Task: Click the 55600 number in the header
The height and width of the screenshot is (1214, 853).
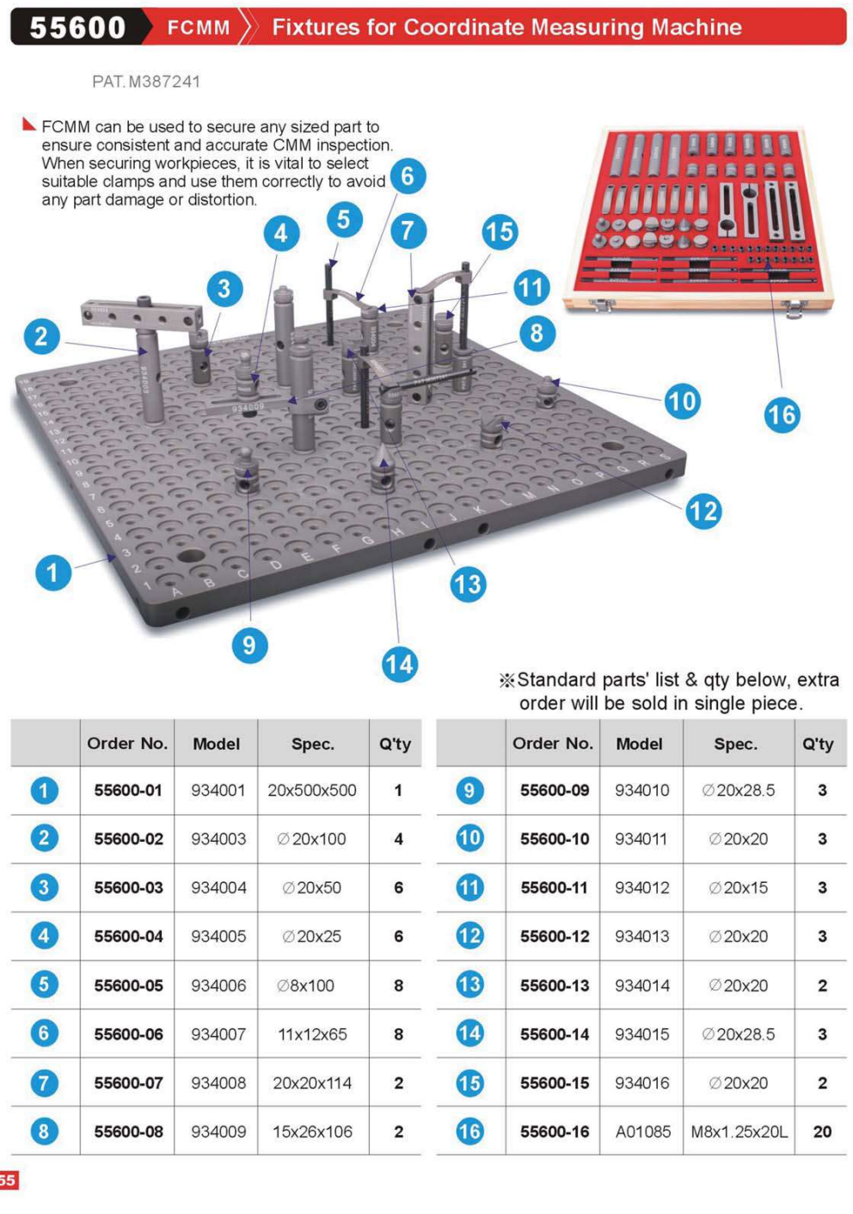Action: (77, 28)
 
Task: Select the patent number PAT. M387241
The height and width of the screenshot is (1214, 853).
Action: (146, 82)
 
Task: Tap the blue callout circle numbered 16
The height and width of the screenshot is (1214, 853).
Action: (782, 415)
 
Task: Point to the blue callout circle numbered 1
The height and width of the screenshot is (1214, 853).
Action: (52, 572)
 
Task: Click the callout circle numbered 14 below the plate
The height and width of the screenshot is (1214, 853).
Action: (399, 664)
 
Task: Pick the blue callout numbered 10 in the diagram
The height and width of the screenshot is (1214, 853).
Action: (682, 401)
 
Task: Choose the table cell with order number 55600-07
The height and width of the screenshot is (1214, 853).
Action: (128, 1082)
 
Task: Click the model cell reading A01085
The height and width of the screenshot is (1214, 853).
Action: (642, 1131)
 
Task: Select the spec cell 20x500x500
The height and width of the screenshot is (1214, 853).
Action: (312, 790)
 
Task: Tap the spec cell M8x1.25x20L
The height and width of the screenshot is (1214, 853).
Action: (739, 1131)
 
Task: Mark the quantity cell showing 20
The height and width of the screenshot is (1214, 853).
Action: (822, 1131)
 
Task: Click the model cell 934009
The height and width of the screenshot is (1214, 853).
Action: (218, 1131)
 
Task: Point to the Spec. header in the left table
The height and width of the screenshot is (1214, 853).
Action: (312, 744)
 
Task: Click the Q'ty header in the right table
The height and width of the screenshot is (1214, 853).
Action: (817, 744)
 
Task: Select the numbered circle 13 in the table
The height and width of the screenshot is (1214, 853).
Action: (469, 984)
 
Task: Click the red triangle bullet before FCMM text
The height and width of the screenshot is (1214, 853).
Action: (28, 125)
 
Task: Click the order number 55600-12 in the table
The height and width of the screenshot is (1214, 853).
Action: (555, 936)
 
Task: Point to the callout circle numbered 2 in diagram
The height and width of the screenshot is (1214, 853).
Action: (41, 335)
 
